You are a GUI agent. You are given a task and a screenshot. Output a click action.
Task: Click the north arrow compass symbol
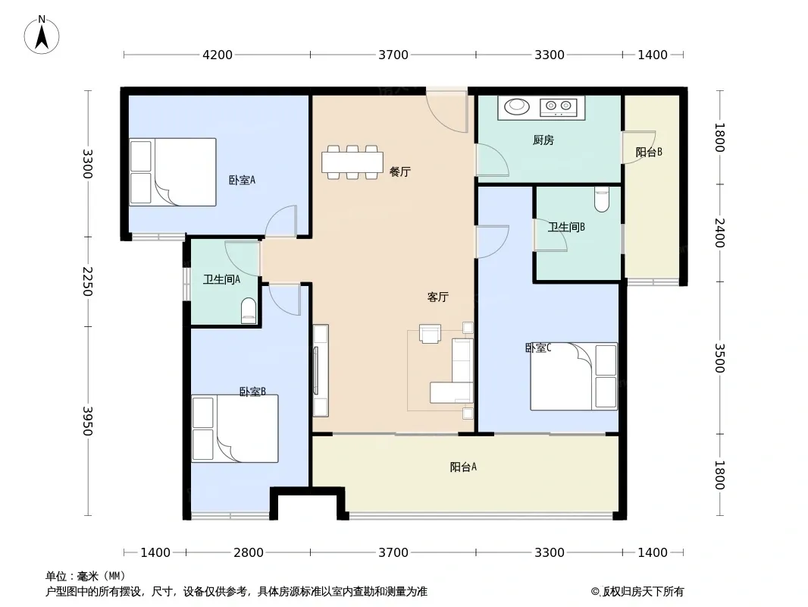pyautogui.click(x=42, y=36)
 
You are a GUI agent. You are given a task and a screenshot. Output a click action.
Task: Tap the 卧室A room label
pyautogui.click(x=242, y=180)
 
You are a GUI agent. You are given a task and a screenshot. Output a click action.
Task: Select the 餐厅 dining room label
pyautogui.click(x=400, y=171)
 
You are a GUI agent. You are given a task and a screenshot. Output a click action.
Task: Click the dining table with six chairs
pyautogui.click(x=352, y=162)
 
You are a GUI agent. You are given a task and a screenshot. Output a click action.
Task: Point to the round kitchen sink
pyautogui.click(x=517, y=107)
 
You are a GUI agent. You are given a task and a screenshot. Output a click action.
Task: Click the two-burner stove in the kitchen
pyautogui.click(x=559, y=107)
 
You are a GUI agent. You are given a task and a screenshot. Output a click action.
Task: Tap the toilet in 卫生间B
pyautogui.click(x=601, y=199)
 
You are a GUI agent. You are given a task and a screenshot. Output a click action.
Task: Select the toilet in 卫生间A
pyautogui.click(x=249, y=310)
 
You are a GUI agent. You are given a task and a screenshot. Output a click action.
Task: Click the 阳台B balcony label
pyautogui.click(x=648, y=153)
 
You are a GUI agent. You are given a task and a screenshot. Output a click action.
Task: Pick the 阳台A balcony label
pyautogui.click(x=463, y=467)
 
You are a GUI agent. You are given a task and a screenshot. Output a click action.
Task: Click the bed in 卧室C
pyautogui.click(x=574, y=376)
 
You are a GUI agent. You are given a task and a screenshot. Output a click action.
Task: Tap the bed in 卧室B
pyautogui.click(x=235, y=429)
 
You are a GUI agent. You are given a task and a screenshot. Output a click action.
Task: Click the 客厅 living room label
pyautogui.click(x=437, y=297)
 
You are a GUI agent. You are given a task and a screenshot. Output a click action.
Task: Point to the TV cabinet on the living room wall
pyautogui.click(x=321, y=370)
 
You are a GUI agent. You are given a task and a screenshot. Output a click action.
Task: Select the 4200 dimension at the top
pyautogui.click(x=218, y=55)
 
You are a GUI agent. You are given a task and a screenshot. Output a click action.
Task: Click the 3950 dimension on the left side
pyautogui.click(x=88, y=421)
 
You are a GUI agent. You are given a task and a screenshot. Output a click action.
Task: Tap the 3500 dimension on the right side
pyautogui.click(x=720, y=358)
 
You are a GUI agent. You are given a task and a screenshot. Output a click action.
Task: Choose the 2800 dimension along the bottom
pyautogui.click(x=249, y=552)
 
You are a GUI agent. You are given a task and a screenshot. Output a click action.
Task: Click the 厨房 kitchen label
pyautogui.click(x=543, y=140)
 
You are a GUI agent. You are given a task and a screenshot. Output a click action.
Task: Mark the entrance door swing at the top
pyautogui.click(x=446, y=112)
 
